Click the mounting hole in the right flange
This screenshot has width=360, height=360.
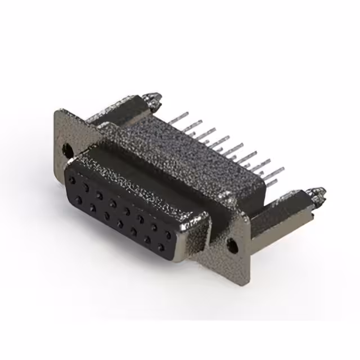(231, 244)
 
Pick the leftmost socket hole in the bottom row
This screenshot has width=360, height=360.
(79, 200)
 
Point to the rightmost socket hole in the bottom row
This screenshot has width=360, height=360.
(160, 247)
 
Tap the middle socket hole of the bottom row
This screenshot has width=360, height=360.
(120, 223)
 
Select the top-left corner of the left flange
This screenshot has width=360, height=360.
(55, 111)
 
